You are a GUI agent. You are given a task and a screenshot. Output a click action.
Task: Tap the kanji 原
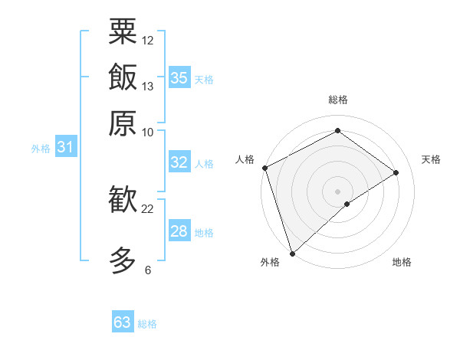click(x=123, y=123)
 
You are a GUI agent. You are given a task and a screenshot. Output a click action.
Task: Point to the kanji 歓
click(x=123, y=201)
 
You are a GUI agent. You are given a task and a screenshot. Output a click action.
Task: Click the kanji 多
click(x=123, y=260)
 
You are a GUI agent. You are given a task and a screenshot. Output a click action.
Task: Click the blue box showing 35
click(x=179, y=78)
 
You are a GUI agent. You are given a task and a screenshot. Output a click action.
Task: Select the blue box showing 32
click(x=179, y=162)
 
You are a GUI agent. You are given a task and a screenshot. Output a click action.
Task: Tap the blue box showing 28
click(x=179, y=231)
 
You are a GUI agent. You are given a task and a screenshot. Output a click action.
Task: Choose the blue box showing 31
click(x=65, y=147)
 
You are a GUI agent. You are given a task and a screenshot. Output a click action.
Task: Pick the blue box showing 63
click(x=123, y=322)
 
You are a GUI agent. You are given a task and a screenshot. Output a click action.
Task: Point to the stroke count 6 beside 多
click(x=148, y=270)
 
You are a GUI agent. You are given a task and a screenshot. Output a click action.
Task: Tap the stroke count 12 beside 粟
click(x=148, y=40)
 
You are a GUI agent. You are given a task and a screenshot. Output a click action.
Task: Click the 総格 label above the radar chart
click(x=337, y=100)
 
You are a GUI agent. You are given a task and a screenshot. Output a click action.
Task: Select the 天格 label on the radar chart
click(x=431, y=159)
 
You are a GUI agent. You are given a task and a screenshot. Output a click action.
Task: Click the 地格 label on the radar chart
click(x=402, y=262)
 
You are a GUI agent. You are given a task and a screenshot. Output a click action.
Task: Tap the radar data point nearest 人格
click(x=264, y=168)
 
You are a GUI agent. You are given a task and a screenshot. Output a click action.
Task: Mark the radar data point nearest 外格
click(x=292, y=252)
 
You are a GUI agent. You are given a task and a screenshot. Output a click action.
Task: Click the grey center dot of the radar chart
click(x=337, y=191)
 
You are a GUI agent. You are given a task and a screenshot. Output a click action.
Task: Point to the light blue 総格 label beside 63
click(x=147, y=324)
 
